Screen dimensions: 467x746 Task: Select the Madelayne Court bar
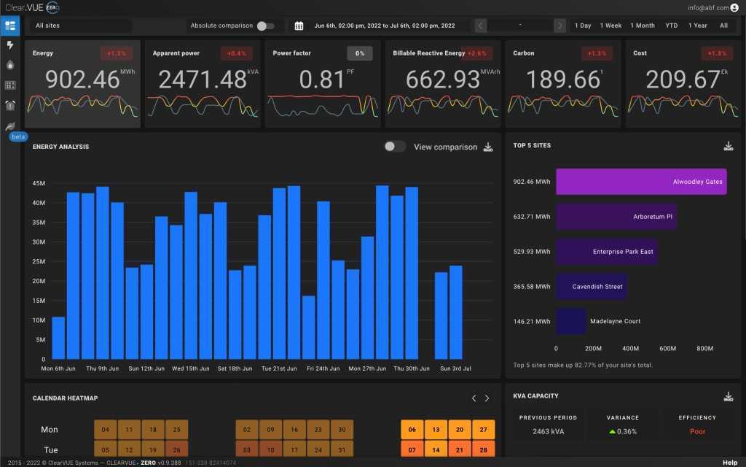click(571, 321)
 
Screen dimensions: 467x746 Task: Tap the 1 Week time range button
click(610, 26)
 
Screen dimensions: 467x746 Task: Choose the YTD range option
click(671, 26)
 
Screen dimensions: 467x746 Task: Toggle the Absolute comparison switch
click(266, 26)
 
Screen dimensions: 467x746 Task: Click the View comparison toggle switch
click(395, 147)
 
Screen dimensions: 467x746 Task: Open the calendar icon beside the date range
click(299, 26)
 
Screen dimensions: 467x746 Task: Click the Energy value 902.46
click(82, 79)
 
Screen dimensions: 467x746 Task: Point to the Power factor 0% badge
click(360, 53)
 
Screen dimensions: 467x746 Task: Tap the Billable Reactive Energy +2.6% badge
click(476, 53)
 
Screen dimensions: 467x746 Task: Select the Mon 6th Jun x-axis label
click(58, 368)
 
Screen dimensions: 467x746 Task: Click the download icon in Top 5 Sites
click(728, 146)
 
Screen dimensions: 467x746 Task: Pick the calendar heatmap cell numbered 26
click(176, 449)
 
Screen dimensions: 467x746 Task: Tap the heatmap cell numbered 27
click(482, 430)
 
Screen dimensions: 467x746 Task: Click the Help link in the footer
click(729, 463)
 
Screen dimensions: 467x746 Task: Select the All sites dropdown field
click(82, 26)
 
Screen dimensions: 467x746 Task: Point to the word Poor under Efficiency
click(698, 431)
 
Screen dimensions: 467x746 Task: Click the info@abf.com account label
click(707, 7)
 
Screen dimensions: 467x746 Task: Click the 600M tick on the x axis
click(667, 349)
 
